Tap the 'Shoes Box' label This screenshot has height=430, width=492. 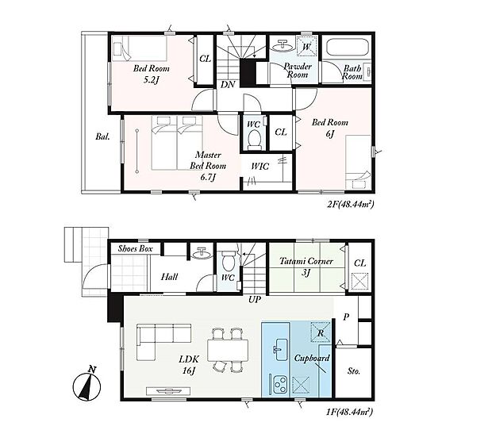coord(135,249)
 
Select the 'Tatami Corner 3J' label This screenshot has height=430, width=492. coord(306,267)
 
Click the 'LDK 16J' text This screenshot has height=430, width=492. coord(189,364)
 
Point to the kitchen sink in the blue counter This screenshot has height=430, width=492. coord(280,349)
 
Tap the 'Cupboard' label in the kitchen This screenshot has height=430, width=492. coord(312,358)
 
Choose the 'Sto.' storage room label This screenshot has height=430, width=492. coord(354,371)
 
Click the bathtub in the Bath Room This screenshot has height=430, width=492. coord(347,48)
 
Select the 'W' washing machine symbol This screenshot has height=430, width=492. coord(306,47)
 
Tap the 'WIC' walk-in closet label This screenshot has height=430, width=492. coord(260,167)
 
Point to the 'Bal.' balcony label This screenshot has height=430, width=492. coord(102,136)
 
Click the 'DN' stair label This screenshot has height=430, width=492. coord(228,84)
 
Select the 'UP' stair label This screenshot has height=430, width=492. coord(255,300)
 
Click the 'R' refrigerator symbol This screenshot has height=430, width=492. coord(321,332)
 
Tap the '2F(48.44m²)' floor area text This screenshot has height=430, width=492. coord(351,205)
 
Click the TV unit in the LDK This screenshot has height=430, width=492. coord(168,391)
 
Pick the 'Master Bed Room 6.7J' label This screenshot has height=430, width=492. coord(208,166)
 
